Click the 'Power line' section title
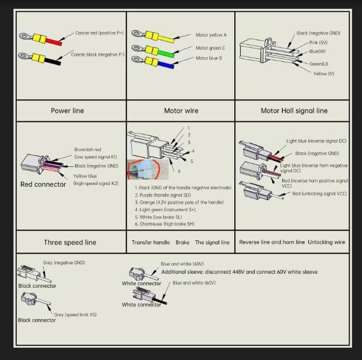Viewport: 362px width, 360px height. (68, 110)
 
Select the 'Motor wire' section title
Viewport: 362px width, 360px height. (181, 110)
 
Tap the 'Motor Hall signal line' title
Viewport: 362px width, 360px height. (293, 110)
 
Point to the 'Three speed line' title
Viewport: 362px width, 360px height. (70, 242)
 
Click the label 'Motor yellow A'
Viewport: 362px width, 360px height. (211, 35)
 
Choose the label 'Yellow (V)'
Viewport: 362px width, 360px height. (324, 74)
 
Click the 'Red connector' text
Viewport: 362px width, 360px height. (43, 184)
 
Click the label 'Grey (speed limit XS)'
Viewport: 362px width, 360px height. (79, 314)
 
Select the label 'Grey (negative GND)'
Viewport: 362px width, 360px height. (64, 263)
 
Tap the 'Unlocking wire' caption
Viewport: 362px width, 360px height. (326, 242)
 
